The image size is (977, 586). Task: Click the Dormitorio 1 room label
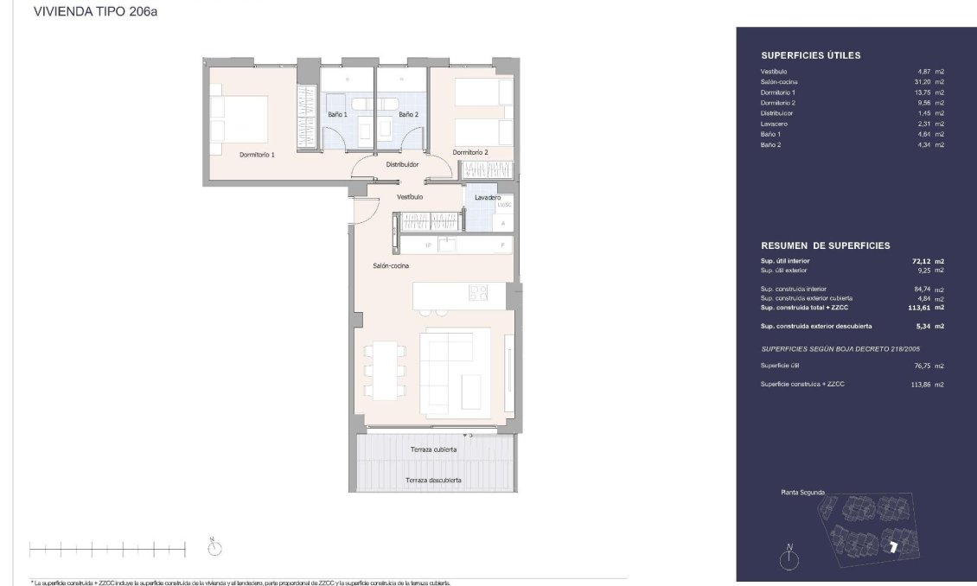pyautogui.click(x=257, y=155)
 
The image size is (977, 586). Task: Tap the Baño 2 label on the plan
pyautogui.click(x=408, y=114)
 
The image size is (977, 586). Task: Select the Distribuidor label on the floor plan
pyautogui.click(x=402, y=163)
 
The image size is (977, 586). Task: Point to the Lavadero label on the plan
pyautogui.click(x=488, y=197)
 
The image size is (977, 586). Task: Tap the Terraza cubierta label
pyautogui.click(x=434, y=449)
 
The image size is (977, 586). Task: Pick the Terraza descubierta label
pyautogui.click(x=433, y=480)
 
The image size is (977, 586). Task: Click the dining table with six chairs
pyautogui.click(x=382, y=370)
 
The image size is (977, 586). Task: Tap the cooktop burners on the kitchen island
pyautogui.click(x=478, y=293)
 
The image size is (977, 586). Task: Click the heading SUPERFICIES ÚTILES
pyautogui.click(x=810, y=55)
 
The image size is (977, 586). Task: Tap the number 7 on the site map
pyautogui.click(x=893, y=545)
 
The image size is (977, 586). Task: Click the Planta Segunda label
pyautogui.click(x=802, y=493)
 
